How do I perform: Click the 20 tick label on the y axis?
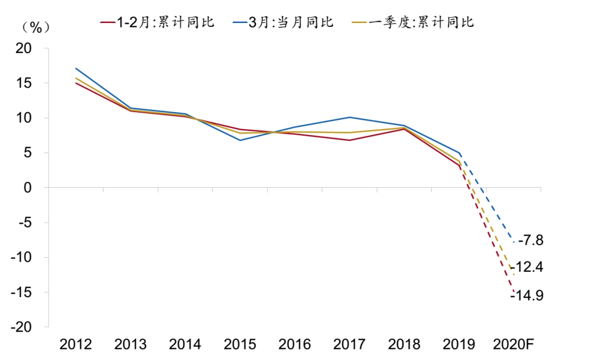[25, 49]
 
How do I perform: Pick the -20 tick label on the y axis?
[22, 327]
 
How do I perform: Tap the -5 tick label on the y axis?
[25, 223]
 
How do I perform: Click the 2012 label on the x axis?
[76, 345]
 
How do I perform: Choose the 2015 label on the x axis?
[240, 345]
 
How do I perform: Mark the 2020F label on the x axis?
[513, 345]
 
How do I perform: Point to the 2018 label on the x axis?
[404, 345]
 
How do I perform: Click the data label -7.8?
[530, 240]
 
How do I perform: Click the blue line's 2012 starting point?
[76, 68]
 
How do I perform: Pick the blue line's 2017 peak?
[349, 117]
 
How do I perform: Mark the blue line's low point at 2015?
[240, 140]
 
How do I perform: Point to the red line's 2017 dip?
[349, 140]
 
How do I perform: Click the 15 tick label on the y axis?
[25, 83]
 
